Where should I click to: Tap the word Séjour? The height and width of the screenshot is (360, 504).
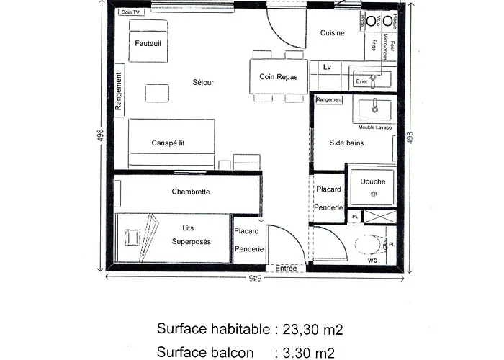[x=203, y=83]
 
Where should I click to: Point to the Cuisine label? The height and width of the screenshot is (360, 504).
[x=332, y=33]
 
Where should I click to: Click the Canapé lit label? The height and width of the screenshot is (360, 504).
[x=168, y=143]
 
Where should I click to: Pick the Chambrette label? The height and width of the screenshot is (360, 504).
[x=190, y=192]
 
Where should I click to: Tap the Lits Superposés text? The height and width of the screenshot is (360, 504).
[x=192, y=235]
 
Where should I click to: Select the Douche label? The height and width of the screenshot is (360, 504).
[x=373, y=182]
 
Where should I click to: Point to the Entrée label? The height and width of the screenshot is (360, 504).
[x=286, y=269]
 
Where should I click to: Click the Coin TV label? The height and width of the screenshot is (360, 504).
[x=131, y=13]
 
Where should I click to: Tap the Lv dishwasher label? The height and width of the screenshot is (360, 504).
[x=327, y=67]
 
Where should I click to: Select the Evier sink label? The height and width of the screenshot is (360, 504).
[x=361, y=81]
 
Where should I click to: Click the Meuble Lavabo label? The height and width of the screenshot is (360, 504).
[x=375, y=127]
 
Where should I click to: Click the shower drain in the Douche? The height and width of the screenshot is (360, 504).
[x=373, y=194]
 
